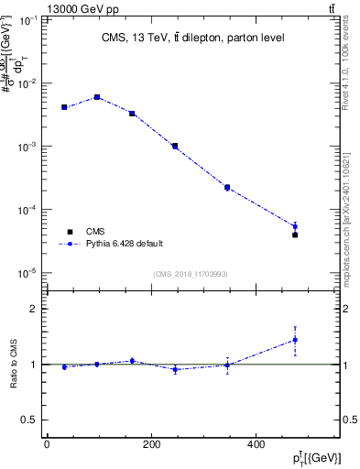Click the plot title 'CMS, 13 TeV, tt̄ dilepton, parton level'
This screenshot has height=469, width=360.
click(191, 38)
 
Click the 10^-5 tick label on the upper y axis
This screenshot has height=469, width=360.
click(27, 273)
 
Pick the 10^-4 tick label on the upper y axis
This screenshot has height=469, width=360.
click(27, 210)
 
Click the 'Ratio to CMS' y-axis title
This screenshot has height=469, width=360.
click(13, 364)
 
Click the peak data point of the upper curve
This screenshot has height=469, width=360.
click(97, 96)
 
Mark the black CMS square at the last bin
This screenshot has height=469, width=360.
click(295, 235)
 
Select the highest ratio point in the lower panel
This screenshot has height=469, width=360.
click(295, 340)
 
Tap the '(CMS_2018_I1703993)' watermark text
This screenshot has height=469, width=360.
click(190, 273)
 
